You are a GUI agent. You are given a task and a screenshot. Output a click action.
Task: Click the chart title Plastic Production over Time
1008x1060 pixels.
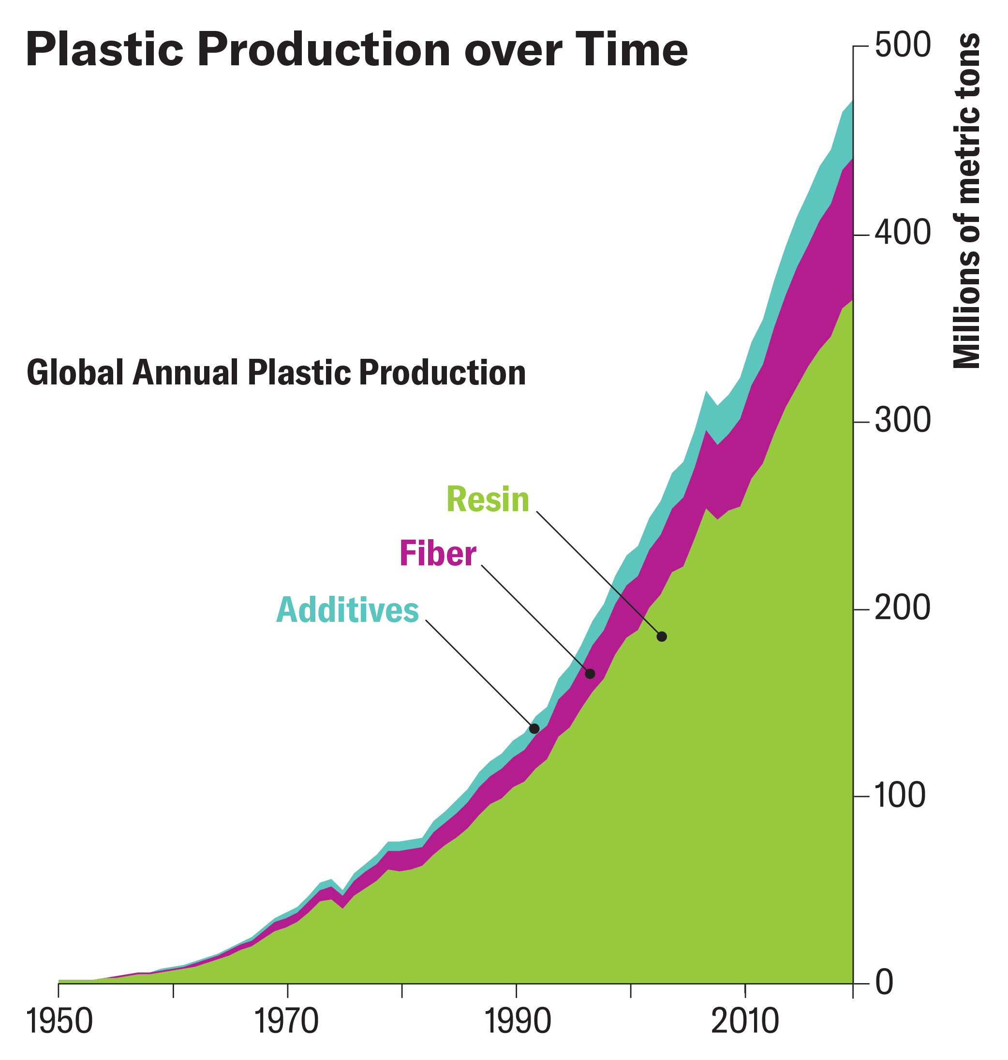coord(356,50)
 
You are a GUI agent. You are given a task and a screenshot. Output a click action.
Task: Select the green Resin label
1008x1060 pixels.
coord(488,500)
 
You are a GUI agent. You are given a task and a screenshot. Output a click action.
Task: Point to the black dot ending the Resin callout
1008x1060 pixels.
coord(662,637)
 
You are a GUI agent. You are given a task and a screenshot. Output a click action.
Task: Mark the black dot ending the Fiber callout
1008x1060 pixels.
coord(590,674)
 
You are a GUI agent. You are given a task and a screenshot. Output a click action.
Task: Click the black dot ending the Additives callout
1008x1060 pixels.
coord(534,729)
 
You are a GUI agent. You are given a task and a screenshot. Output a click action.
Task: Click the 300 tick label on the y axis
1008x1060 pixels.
coord(903,422)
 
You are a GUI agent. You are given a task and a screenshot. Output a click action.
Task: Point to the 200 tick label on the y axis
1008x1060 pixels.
coord(903,609)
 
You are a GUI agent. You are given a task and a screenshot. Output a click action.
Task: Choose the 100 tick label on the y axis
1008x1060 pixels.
coord(903,797)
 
